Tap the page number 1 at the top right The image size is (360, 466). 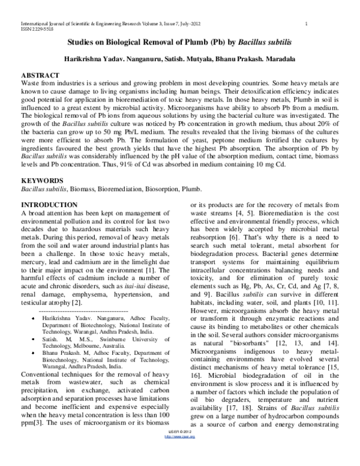(x=307, y=23)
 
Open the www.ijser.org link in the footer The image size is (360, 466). (x=180, y=461)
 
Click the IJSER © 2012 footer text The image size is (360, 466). (x=180, y=456)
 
